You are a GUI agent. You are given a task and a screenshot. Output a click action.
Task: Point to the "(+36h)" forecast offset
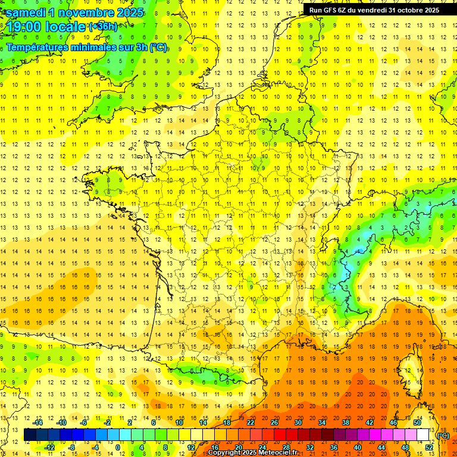(x=103, y=27)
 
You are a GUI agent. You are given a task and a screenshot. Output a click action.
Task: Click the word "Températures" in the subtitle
(x=40, y=47)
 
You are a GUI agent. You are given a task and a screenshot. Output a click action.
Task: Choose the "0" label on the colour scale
(x=118, y=447)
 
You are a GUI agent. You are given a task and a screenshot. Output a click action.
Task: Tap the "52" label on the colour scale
(x=428, y=447)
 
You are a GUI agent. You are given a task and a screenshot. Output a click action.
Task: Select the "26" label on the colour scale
(x=274, y=422)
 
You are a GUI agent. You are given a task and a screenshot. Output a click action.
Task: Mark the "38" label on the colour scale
(x=345, y=422)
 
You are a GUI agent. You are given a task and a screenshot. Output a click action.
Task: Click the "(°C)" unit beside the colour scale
(x=443, y=435)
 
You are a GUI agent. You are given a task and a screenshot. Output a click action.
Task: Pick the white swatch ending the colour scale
(x=423, y=435)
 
